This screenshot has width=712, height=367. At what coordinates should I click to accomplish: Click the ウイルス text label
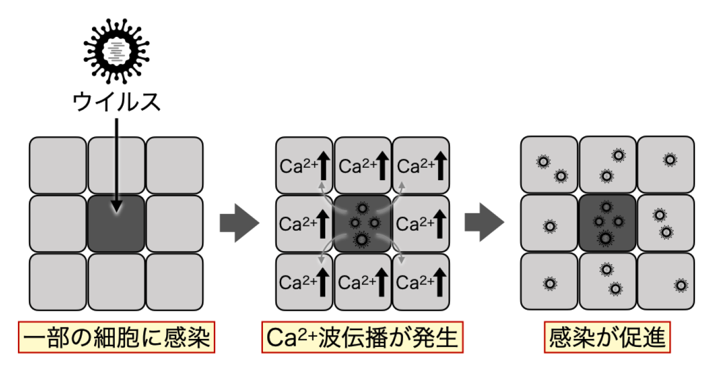(x=117, y=101)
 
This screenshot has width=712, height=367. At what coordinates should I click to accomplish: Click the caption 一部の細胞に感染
(x=116, y=338)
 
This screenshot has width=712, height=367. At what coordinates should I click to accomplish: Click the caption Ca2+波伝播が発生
(x=362, y=338)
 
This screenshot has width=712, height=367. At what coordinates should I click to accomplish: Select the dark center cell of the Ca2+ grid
(x=362, y=223)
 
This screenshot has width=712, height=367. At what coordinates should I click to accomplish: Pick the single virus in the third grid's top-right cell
(x=670, y=160)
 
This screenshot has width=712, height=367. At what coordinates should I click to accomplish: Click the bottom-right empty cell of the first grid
(x=174, y=281)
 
